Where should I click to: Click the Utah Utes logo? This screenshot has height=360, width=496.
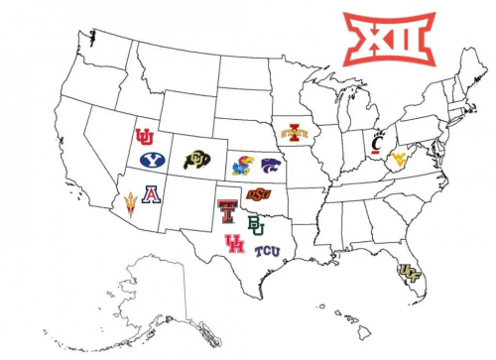coord(145,136)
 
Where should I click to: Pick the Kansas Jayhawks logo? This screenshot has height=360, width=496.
coord(241,166)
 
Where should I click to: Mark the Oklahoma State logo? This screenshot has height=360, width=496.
coord(257,192)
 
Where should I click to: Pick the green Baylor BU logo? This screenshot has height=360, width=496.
coord(256,224)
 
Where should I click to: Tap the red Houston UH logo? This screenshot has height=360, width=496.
coord(235,244)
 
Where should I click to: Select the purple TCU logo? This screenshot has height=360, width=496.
coord(267,251)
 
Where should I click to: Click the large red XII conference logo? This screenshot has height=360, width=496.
coord(388,38)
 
